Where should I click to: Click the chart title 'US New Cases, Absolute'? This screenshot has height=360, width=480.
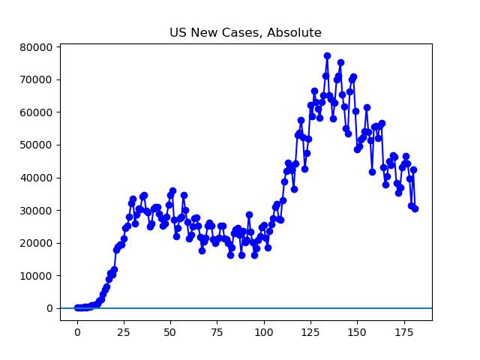(245, 33)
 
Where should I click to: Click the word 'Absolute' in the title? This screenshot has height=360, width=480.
(295, 33)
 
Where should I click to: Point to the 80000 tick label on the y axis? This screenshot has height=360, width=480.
(36, 47)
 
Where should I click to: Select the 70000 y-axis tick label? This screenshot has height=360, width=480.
(36, 79)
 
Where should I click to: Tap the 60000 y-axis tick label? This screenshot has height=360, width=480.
(36, 112)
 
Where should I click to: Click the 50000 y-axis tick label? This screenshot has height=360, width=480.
(36, 145)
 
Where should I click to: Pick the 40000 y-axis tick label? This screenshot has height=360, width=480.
(36, 178)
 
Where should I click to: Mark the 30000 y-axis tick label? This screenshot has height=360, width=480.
(36, 211)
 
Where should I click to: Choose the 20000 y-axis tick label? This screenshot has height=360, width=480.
(36, 243)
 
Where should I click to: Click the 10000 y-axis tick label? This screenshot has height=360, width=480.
(36, 276)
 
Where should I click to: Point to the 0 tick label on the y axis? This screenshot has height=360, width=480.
(49, 308)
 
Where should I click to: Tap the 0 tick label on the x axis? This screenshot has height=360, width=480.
(77, 332)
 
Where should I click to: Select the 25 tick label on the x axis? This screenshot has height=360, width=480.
(124, 332)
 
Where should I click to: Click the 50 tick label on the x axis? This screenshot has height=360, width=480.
(170, 332)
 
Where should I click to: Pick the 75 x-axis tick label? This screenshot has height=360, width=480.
(217, 332)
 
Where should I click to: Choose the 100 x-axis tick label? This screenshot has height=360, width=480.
(264, 332)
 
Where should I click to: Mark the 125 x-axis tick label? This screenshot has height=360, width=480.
(310, 332)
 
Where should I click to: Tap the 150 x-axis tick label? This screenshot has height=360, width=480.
(357, 332)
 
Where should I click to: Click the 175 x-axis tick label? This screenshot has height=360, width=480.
(403, 332)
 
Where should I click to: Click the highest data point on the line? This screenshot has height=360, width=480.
(327, 55)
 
